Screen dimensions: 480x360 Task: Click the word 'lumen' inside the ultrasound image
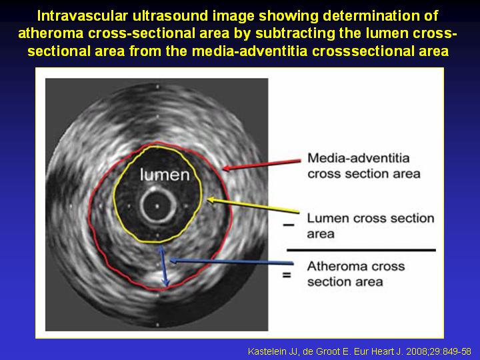coord(165,175)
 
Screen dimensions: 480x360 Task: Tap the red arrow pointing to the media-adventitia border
coord(262,165)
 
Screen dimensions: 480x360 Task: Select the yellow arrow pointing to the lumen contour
coord(253,205)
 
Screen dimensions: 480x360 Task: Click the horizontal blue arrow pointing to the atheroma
coord(231,262)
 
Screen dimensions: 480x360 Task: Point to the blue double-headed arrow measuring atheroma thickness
coord(163,266)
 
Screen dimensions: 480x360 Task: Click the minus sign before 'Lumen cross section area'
coord(289,225)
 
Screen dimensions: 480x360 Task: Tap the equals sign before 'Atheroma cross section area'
coord(287,275)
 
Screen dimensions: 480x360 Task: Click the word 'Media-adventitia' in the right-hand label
coord(359,158)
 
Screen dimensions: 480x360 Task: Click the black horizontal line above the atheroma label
coord(361,250)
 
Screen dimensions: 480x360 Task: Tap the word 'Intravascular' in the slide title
coord(82,15)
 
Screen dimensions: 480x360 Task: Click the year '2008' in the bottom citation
coord(418,351)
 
